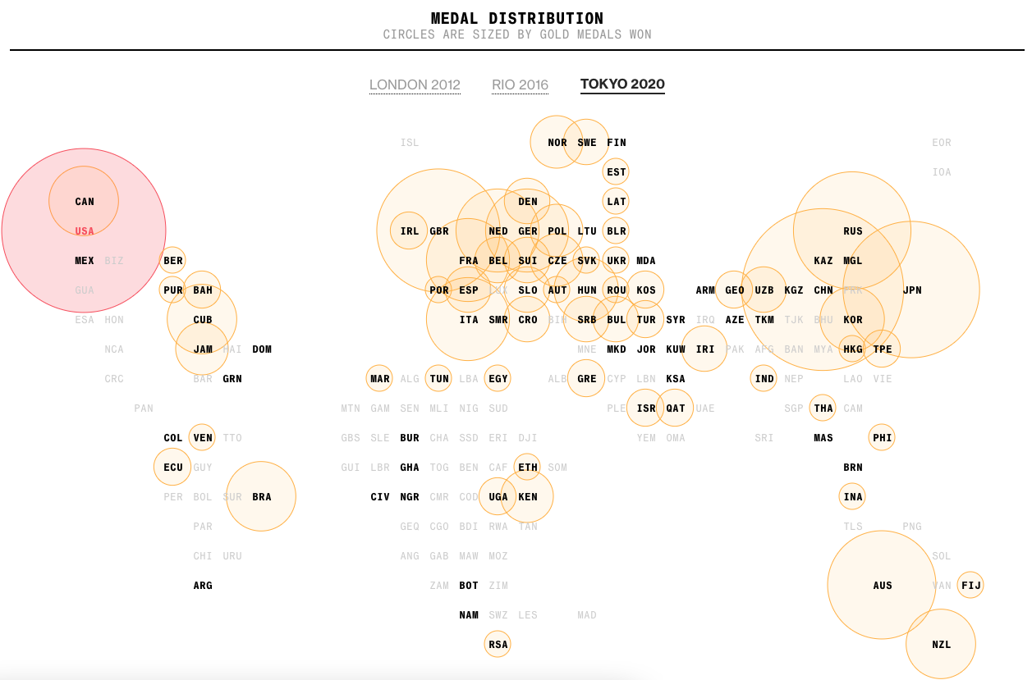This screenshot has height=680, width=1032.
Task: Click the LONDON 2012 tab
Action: click(415, 84)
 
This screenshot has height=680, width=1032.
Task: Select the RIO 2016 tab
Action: click(520, 84)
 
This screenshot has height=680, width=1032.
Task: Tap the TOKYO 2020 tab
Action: click(622, 84)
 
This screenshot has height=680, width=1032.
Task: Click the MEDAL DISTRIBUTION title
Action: click(516, 18)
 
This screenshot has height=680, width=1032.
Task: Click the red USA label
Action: click(85, 231)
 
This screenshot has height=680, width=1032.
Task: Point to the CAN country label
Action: click(85, 202)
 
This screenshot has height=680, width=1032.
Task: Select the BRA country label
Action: click(262, 497)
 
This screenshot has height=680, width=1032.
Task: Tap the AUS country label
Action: click(883, 586)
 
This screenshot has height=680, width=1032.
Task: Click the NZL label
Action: click(942, 645)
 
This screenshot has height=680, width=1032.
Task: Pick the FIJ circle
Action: click(971, 586)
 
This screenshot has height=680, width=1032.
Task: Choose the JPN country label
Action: click(912, 290)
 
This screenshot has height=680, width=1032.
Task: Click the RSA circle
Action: click(498, 645)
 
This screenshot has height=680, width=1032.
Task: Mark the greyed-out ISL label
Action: click(410, 143)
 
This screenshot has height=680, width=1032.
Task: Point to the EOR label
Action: click(942, 143)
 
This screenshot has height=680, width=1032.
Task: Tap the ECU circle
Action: click(173, 468)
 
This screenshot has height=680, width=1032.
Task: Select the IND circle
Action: click(764, 379)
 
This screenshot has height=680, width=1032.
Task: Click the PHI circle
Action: click(883, 438)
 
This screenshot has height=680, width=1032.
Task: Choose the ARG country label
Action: click(203, 586)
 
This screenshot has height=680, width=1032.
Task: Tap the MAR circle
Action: click(380, 379)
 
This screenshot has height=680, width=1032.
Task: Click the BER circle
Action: click(173, 261)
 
